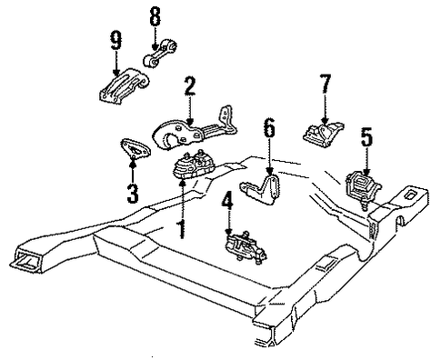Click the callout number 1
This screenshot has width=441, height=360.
[182, 229]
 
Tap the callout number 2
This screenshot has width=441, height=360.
[189, 85]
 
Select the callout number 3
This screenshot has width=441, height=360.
[133, 194]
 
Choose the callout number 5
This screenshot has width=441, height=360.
[366, 138]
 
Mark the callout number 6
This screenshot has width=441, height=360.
[269, 127]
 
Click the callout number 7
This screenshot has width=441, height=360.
[325, 84]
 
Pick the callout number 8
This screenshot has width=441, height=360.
[155, 16]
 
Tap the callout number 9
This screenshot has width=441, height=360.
[115, 40]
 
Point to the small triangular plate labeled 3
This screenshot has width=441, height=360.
[135, 148]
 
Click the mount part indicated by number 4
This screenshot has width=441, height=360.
[245, 246]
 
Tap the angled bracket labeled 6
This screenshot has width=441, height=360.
[261, 189]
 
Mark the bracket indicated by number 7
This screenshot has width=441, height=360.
[322, 135]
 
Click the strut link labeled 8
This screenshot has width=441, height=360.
[159, 54]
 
